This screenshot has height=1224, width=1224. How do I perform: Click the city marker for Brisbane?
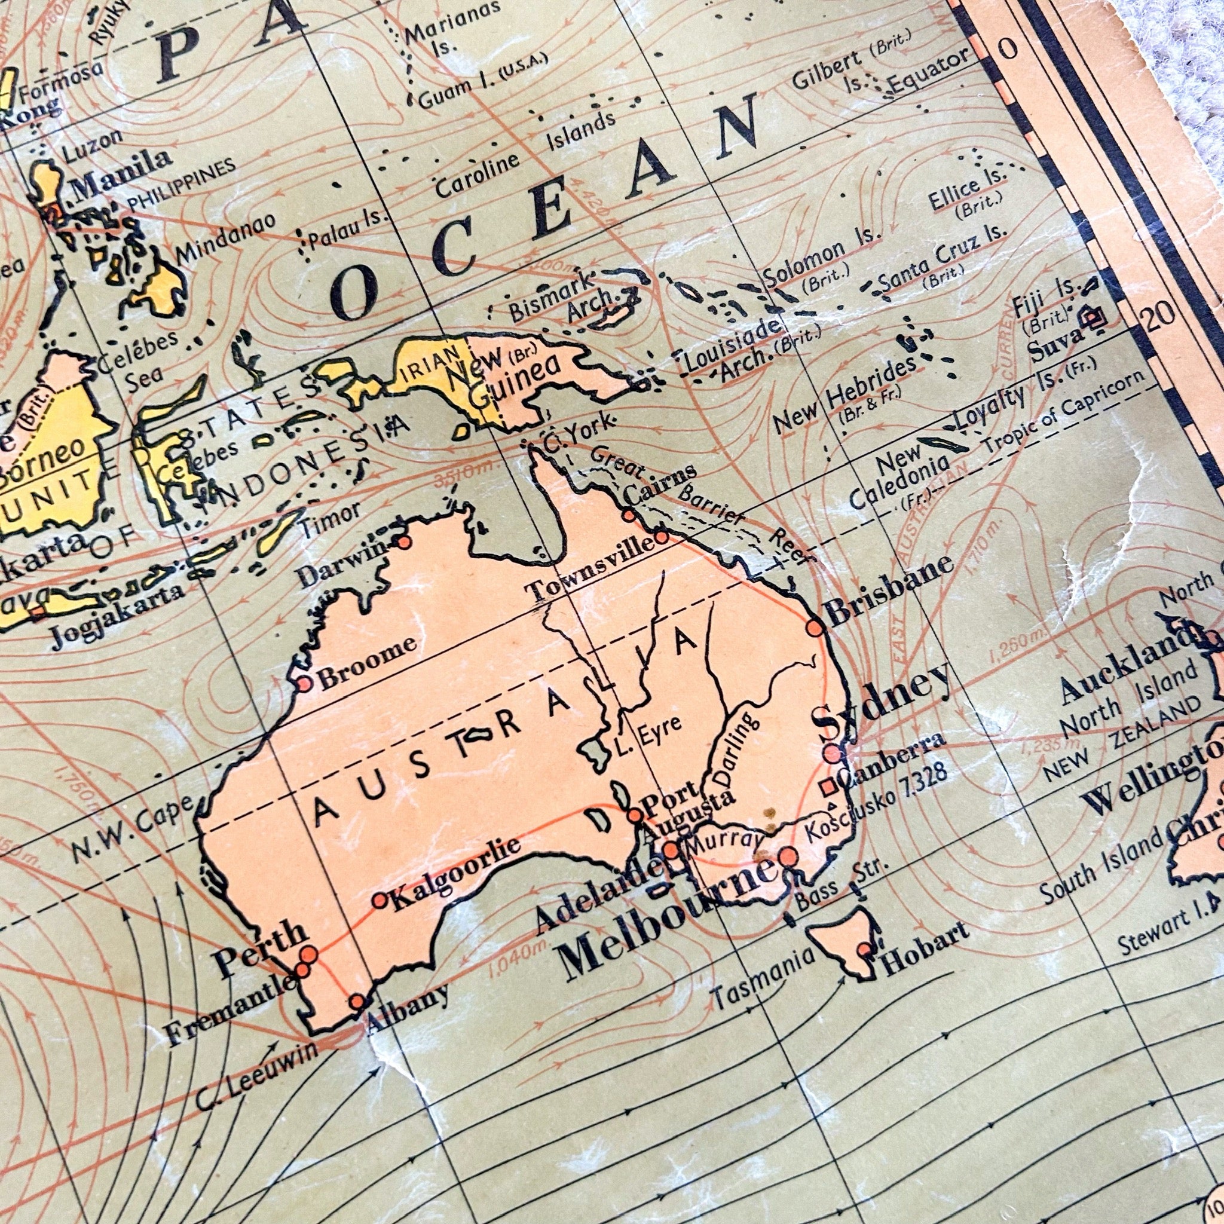815,627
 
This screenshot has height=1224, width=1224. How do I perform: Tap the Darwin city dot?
403,541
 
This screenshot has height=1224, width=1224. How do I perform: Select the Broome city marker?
305,684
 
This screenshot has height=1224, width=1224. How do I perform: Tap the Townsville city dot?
661,537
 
